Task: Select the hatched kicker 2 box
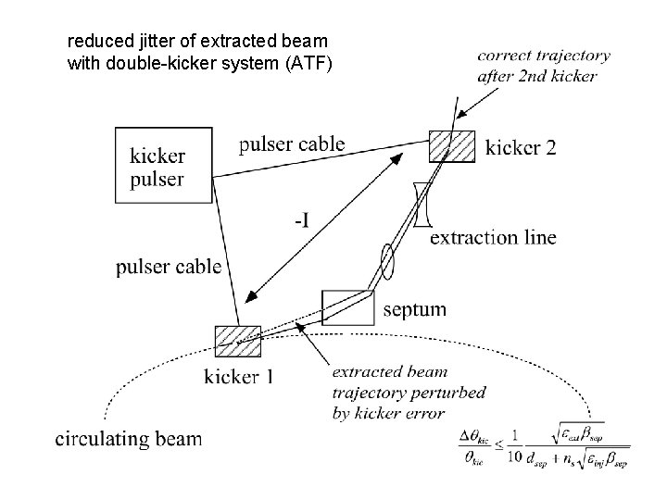coord(452,145)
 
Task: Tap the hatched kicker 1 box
coord(237,340)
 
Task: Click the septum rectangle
coord(348,306)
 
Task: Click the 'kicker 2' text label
coord(521,146)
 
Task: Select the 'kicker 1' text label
coord(238,376)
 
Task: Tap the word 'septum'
coord(414,309)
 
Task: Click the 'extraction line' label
coord(494,238)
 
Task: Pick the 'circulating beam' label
coord(127,438)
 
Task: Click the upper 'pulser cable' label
coord(291,144)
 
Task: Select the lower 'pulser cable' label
coord(169,267)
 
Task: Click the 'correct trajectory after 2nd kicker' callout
coord(537,66)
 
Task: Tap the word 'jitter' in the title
coord(150,42)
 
